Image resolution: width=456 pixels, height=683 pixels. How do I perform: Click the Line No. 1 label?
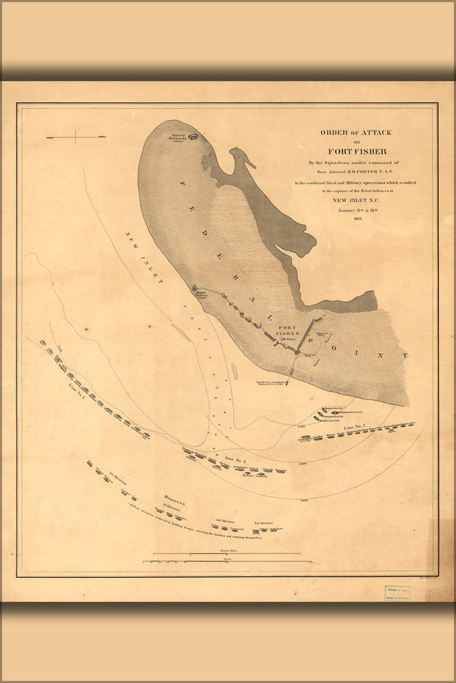(356, 428)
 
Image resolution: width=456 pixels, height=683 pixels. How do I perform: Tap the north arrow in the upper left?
(76, 138)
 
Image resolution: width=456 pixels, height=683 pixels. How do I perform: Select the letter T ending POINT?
(405, 356)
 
